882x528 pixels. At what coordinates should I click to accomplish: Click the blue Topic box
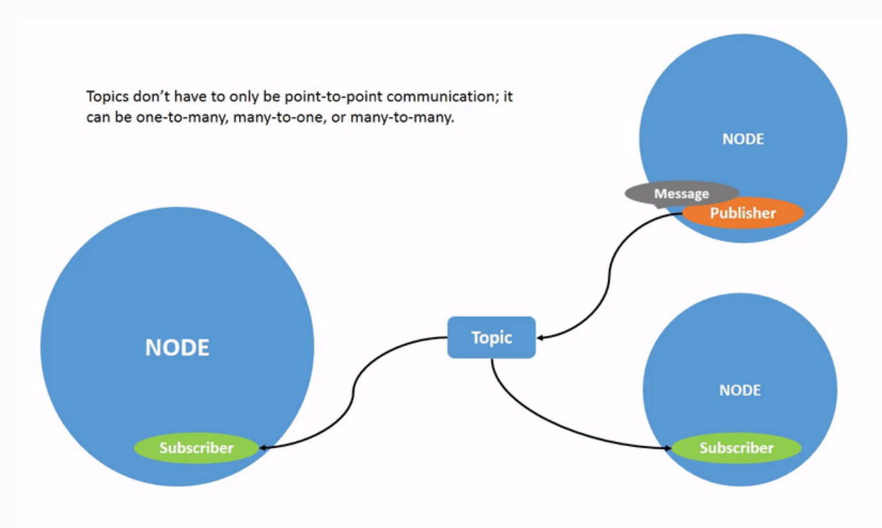click(x=492, y=337)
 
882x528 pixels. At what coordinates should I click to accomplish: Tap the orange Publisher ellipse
click(x=743, y=214)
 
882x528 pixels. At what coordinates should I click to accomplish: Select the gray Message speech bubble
click(x=681, y=194)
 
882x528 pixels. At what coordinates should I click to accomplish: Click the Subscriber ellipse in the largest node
click(x=196, y=448)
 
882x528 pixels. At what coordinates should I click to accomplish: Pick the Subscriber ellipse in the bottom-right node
click(x=736, y=448)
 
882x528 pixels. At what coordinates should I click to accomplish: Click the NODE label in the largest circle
click(x=177, y=347)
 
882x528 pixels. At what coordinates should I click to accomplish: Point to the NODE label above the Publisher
click(x=743, y=139)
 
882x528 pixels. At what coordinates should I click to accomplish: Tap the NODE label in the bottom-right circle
click(x=740, y=390)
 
